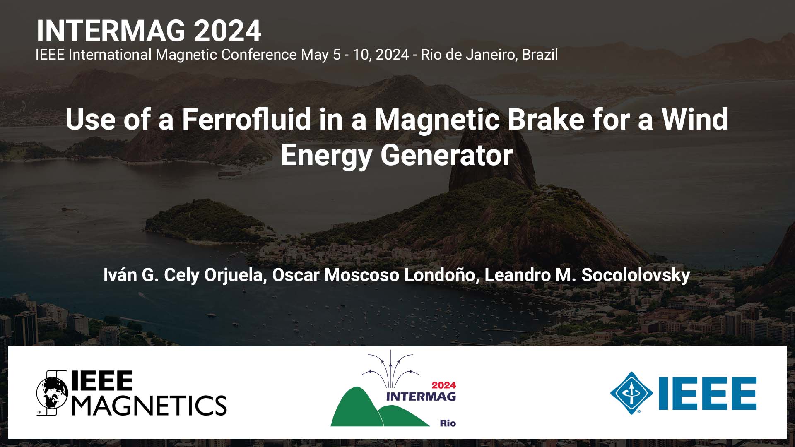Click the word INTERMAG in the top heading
coord(111,31)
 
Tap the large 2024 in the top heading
coord(227,31)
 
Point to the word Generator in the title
coord(446,156)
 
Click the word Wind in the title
coord(695,119)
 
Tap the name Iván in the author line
coord(120,275)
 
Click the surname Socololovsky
coord(636,275)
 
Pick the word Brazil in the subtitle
coord(540,55)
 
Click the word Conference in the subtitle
coord(259,55)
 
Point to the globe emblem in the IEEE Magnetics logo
coord(52,393)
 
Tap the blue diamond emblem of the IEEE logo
coord(631,393)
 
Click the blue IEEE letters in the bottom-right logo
coord(708,393)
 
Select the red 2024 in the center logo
coord(443,385)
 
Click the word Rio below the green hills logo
coord(448,423)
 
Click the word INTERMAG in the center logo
coord(421,397)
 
